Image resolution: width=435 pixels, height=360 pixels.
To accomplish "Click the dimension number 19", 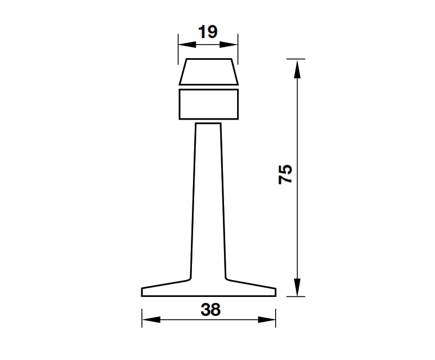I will [208, 32].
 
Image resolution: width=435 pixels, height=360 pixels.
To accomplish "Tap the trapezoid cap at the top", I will [209, 72].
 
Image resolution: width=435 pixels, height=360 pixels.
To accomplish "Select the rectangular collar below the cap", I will [209, 104].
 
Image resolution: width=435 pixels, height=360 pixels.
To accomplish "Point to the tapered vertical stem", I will [208, 201].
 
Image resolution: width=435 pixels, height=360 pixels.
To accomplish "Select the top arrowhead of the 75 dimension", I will [296, 66].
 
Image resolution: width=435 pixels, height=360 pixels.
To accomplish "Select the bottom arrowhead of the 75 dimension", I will [296, 288].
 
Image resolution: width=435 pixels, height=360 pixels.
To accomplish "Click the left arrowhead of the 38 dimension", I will [149, 319].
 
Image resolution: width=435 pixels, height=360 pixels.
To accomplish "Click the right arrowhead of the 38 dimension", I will [269, 319].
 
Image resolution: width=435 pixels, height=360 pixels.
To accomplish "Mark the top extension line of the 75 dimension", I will [294, 58].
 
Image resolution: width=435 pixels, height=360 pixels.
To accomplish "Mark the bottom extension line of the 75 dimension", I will [294, 296].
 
